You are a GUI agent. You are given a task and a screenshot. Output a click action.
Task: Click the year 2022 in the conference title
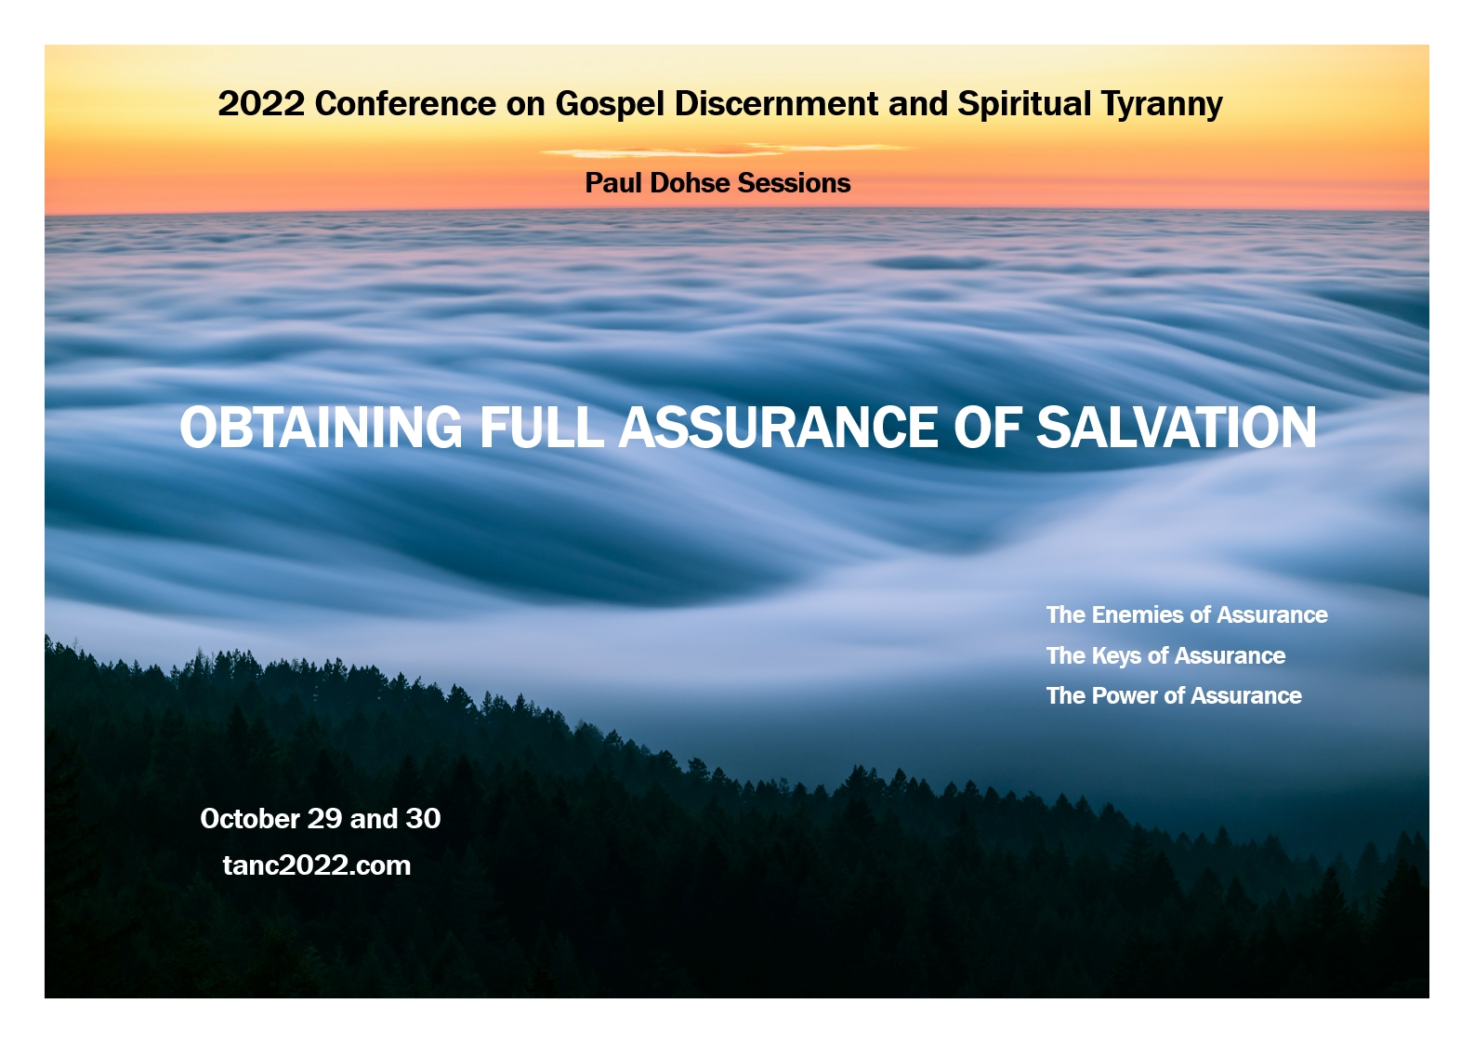tap(261, 104)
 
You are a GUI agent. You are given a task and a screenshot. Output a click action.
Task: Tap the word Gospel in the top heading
tap(610, 105)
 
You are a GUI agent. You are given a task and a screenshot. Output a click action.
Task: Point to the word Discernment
tap(776, 104)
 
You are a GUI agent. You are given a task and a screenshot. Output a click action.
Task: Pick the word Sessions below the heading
tap(794, 183)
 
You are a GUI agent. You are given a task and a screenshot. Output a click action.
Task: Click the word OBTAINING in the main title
tap(321, 428)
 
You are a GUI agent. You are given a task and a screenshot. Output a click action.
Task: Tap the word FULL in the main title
tap(541, 428)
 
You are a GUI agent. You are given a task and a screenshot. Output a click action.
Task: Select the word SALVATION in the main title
tap(1177, 428)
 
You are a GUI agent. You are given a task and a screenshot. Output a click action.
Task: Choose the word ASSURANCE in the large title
tap(779, 428)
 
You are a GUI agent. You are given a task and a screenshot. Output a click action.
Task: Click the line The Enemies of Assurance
tap(1187, 614)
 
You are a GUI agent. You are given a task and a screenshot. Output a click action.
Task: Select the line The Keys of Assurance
tap(1165, 655)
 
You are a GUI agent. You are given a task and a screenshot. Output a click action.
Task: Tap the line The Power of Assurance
tap(1174, 695)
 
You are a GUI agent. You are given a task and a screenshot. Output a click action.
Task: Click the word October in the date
tap(250, 819)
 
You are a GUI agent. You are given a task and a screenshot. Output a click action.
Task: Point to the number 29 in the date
tap(324, 819)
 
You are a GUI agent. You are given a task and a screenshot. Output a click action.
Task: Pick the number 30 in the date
tap(423, 819)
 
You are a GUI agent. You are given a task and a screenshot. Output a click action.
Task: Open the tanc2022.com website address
tap(317, 865)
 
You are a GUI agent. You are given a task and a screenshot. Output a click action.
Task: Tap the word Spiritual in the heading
tap(1024, 105)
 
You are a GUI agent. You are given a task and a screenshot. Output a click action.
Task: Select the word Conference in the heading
tap(405, 104)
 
